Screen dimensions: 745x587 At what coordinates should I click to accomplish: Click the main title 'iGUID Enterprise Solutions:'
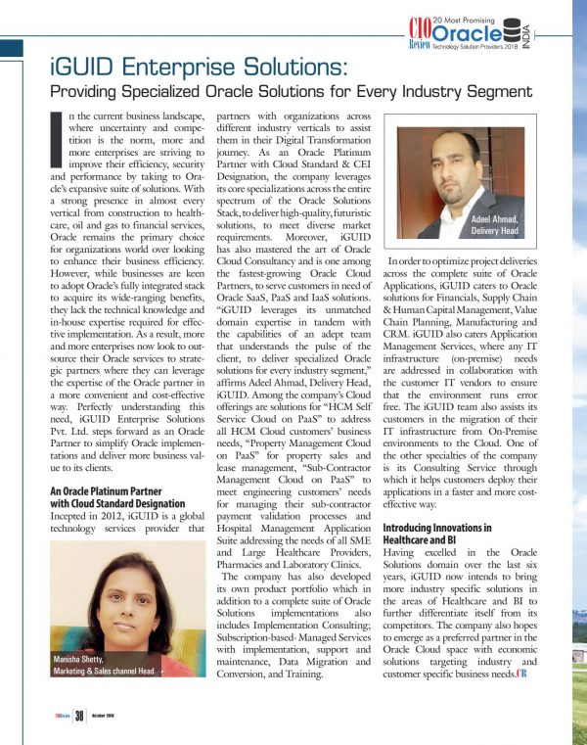196,69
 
